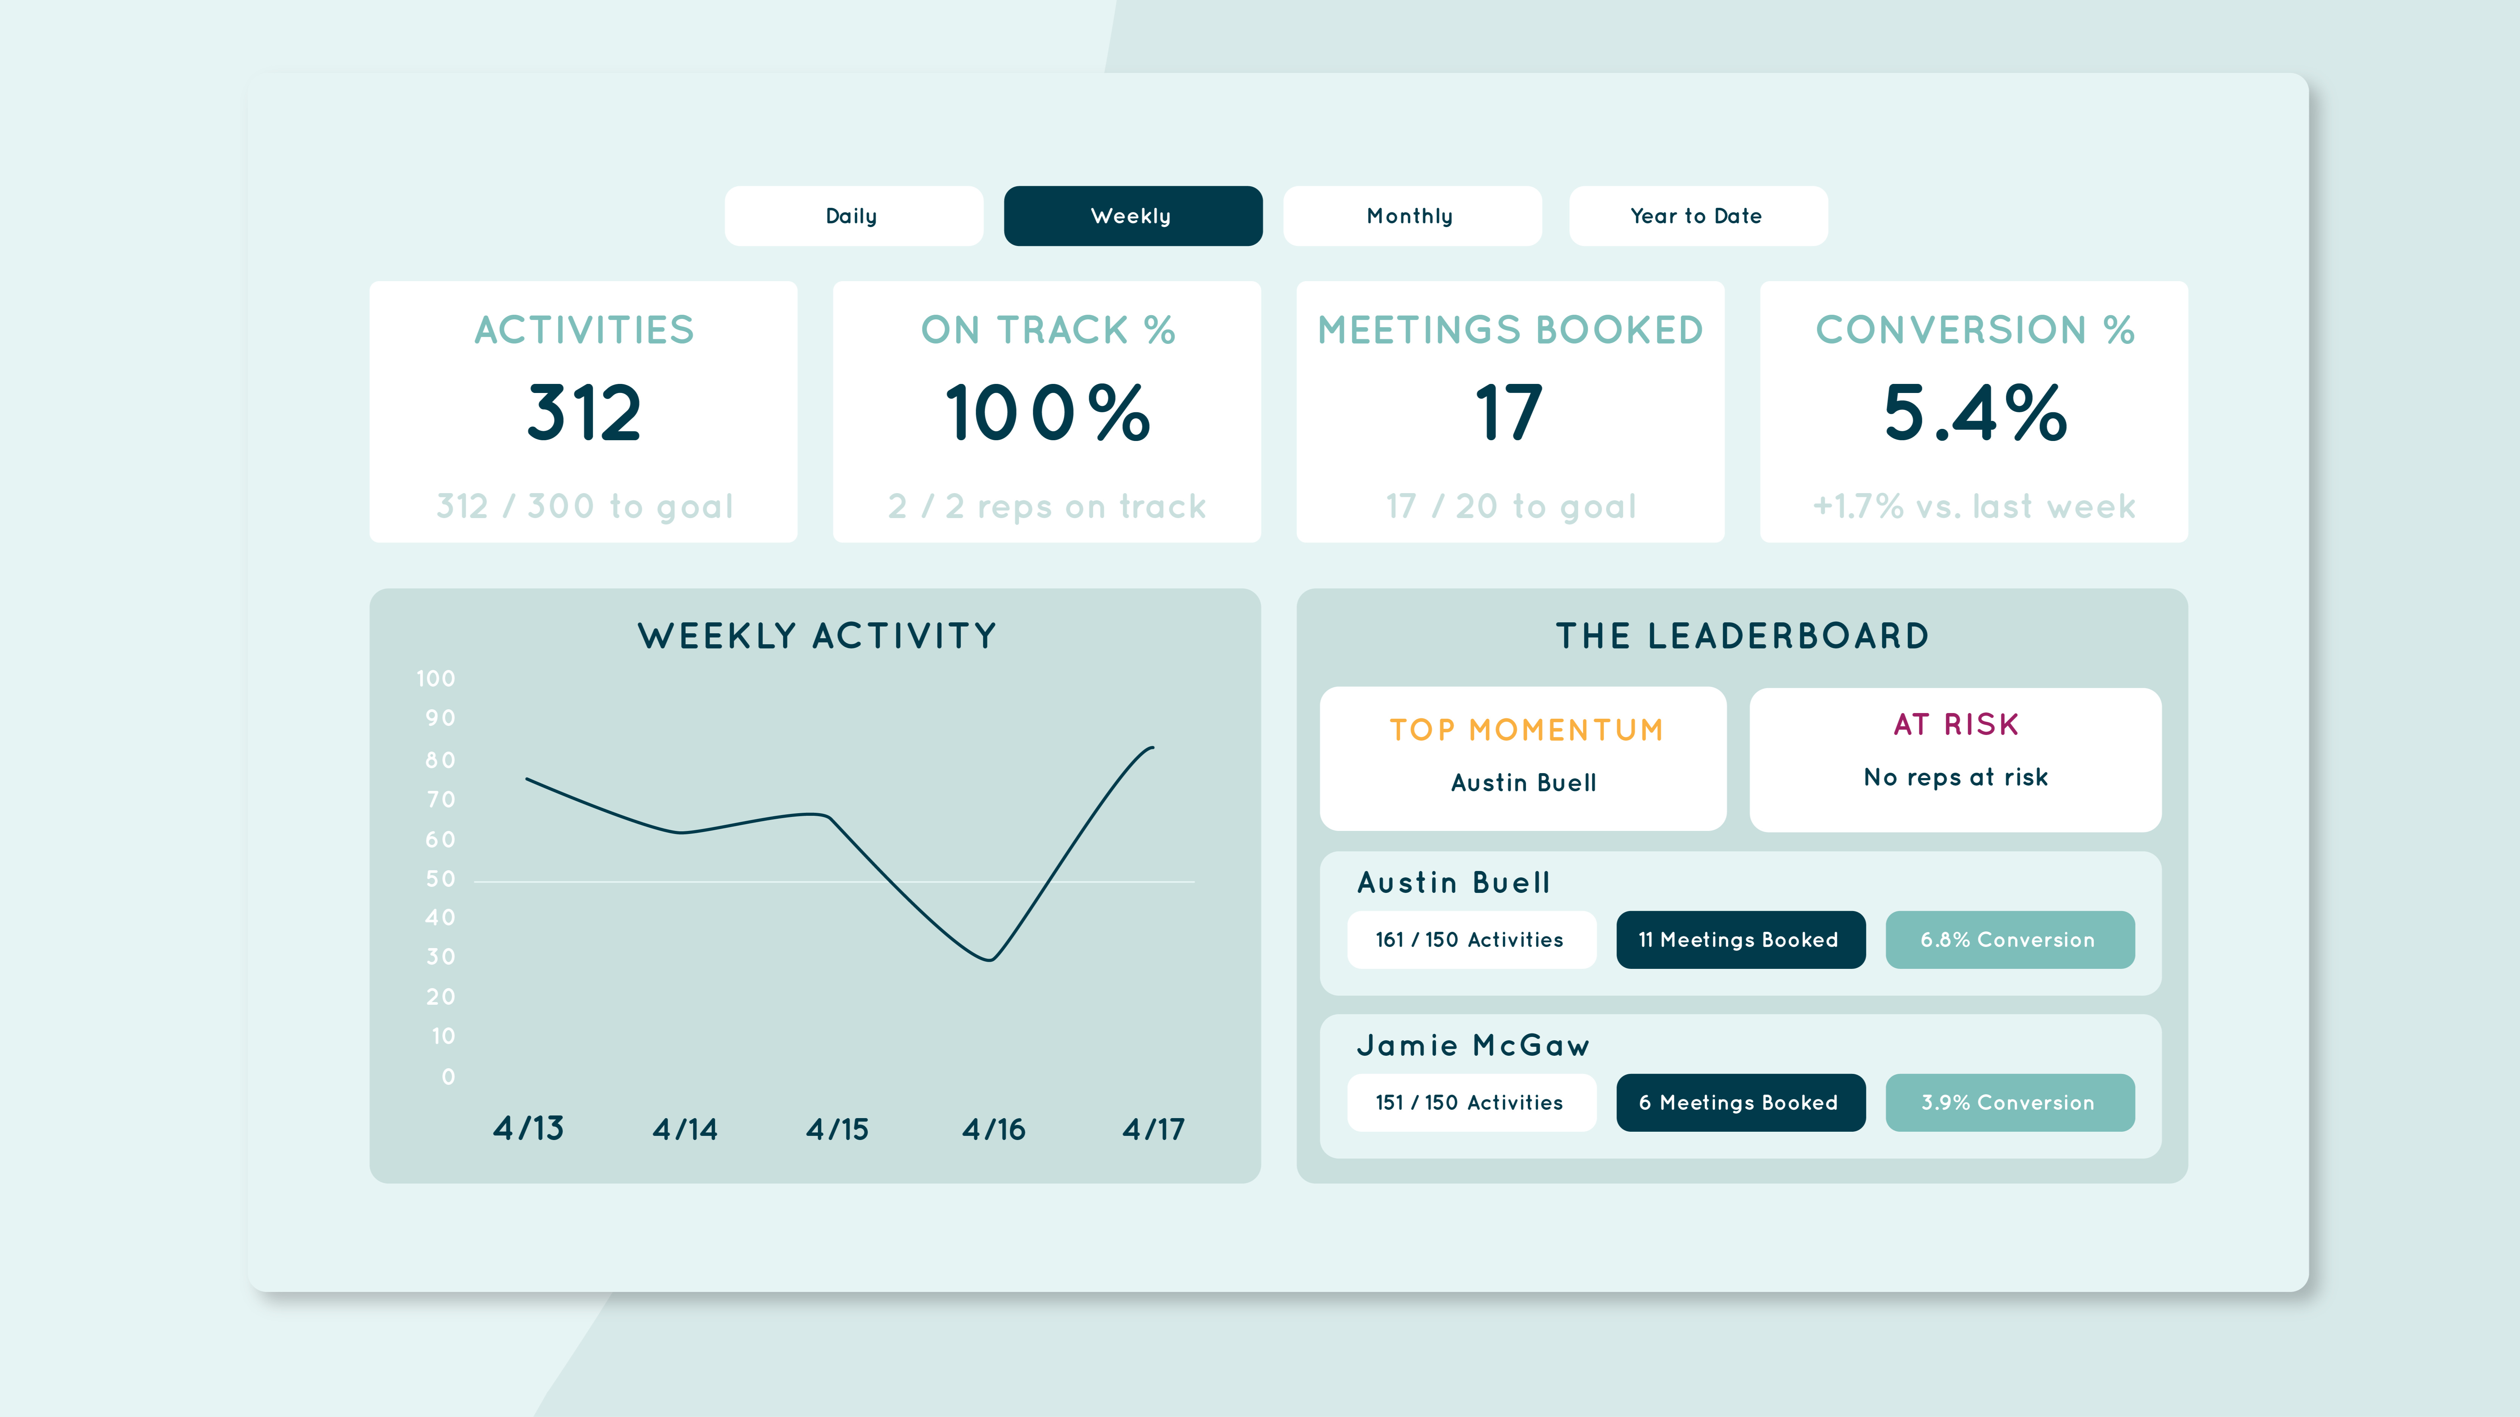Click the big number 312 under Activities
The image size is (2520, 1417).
pos(584,413)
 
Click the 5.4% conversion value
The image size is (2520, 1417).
pos(1975,413)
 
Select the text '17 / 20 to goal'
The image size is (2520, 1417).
pos(1510,507)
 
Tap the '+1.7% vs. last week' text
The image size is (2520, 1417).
pos(1974,507)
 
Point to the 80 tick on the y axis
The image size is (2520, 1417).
pos(440,760)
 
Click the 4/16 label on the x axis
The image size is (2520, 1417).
pos(994,1129)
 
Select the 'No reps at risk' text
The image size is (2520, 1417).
pos(1956,777)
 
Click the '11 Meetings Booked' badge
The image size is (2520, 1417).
pos(1740,940)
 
